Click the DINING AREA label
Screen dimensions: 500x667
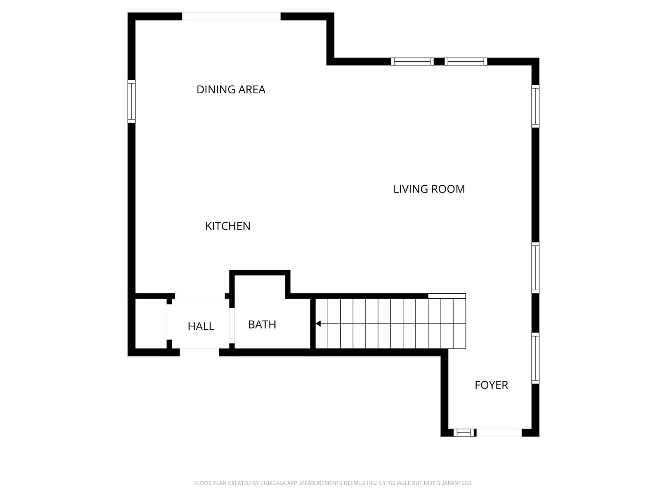(x=231, y=89)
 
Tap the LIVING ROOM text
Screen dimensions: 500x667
(x=429, y=189)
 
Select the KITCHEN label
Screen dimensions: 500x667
(x=228, y=226)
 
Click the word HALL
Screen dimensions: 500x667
(x=201, y=326)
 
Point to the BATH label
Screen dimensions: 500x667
(x=262, y=324)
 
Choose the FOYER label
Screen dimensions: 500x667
(x=491, y=385)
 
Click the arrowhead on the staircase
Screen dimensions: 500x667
(x=318, y=324)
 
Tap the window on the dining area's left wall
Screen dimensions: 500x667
(x=131, y=101)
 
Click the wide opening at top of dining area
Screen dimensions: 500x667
(x=231, y=16)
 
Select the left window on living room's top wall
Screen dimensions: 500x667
(x=412, y=61)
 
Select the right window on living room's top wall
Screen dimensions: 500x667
(x=466, y=61)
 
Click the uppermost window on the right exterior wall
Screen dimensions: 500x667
(x=535, y=106)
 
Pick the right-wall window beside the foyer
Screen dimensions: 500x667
(x=535, y=358)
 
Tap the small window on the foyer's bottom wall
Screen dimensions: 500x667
(x=464, y=432)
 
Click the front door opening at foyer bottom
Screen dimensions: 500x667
(x=498, y=432)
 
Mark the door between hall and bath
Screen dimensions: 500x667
(x=232, y=324)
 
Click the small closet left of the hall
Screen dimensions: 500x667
(x=151, y=324)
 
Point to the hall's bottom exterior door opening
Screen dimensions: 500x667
(x=199, y=352)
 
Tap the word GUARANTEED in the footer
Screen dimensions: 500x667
(x=456, y=483)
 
